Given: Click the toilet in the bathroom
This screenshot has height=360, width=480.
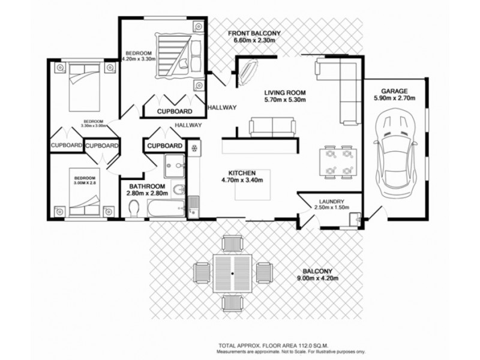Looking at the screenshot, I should pyautogui.click(x=136, y=208).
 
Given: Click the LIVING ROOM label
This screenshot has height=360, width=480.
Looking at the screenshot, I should pyautogui.click(x=286, y=92).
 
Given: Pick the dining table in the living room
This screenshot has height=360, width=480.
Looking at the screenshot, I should pyautogui.click(x=335, y=162).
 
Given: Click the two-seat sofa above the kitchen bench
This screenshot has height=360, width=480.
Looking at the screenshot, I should pyautogui.click(x=272, y=126).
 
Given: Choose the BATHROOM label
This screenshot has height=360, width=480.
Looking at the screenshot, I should pyautogui.click(x=146, y=187).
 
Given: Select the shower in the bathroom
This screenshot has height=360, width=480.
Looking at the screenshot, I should pyautogui.click(x=175, y=164).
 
